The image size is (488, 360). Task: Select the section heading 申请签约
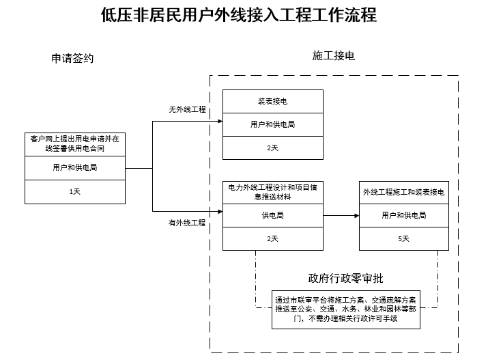click(72, 58)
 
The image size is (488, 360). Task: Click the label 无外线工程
click(187, 109)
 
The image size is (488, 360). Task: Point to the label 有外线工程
click(187, 223)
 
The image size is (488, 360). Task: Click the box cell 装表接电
click(273, 101)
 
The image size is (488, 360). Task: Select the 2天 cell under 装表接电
click(273, 148)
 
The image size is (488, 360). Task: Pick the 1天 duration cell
click(75, 192)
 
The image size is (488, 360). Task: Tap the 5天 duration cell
click(404, 238)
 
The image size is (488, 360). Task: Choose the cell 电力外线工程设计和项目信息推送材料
click(273, 192)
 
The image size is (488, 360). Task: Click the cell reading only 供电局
click(273, 215)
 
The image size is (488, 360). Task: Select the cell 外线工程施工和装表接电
click(404, 193)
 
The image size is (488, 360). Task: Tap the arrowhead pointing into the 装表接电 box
click(220, 122)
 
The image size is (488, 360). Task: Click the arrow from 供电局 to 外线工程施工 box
click(341, 215)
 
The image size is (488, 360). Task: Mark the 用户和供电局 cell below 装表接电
click(273, 124)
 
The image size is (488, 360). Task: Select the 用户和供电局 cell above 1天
click(75, 168)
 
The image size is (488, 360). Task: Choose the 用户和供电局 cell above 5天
click(404, 215)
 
